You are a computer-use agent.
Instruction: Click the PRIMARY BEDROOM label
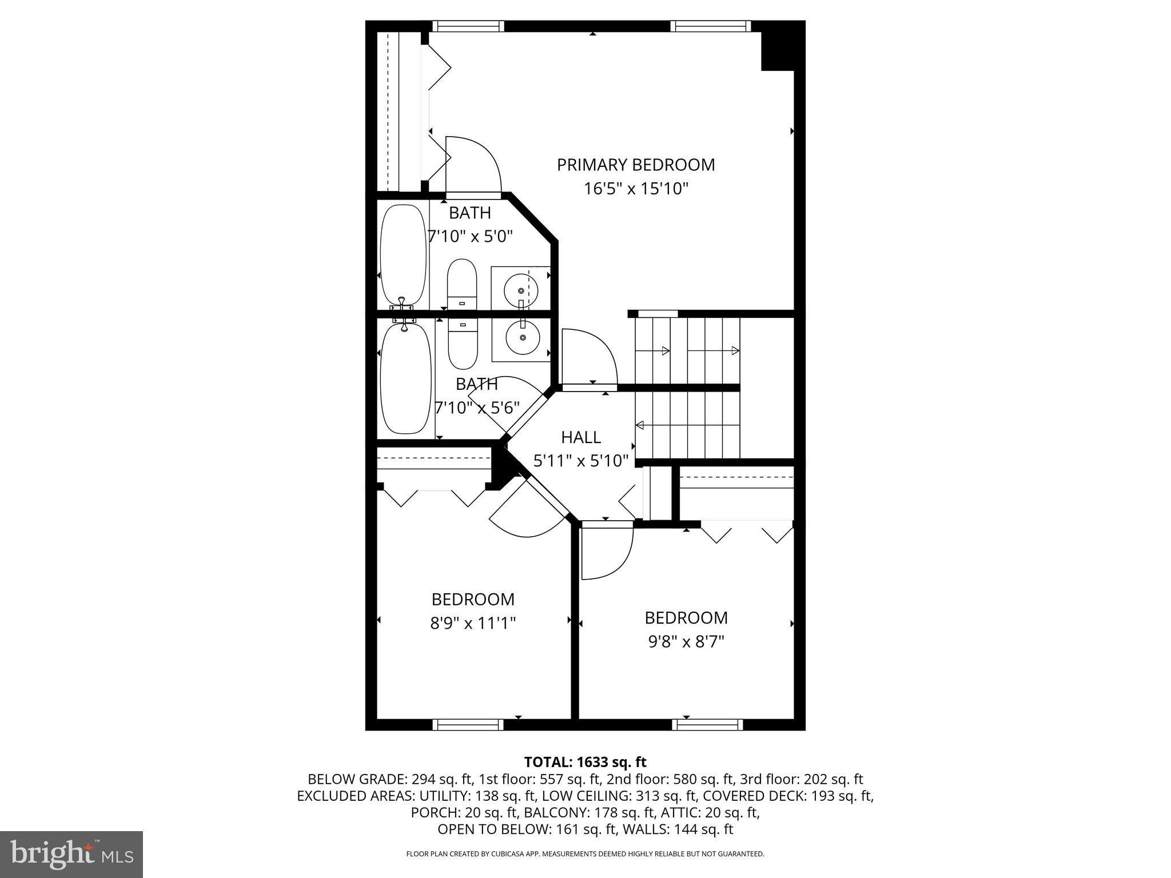click(636, 165)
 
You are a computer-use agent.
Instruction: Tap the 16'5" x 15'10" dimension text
click(636, 189)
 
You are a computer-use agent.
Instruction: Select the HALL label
click(581, 437)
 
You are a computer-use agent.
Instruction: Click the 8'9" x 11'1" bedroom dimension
click(473, 622)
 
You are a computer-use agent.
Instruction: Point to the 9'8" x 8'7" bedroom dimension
click(686, 641)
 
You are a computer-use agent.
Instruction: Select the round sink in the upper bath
click(521, 291)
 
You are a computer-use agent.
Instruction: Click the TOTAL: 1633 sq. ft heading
click(585, 762)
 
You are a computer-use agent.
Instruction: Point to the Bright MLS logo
click(71, 855)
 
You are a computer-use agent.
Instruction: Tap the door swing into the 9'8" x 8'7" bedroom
click(606, 552)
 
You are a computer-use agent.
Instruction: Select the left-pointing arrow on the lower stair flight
click(640, 425)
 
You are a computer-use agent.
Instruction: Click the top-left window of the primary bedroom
click(468, 26)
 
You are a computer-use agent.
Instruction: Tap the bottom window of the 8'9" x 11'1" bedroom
click(468, 725)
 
